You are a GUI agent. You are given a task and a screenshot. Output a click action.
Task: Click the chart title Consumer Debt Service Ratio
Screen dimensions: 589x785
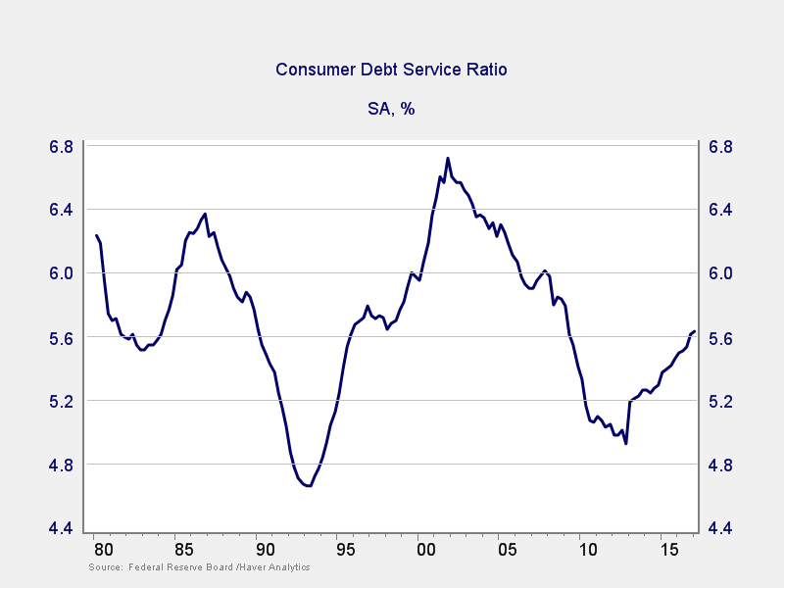tap(391, 70)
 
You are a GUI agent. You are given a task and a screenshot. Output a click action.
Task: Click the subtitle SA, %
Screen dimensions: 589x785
tap(391, 109)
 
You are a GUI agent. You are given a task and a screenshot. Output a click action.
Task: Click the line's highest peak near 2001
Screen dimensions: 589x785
tap(448, 158)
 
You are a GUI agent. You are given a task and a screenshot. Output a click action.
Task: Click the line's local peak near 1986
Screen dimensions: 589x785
tap(205, 214)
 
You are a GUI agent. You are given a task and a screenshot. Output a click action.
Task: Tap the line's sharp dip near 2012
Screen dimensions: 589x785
tap(625, 444)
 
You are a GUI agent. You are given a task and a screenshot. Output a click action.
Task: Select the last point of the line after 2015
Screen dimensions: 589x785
tap(695, 331)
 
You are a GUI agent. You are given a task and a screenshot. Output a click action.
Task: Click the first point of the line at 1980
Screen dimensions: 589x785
tap(96, 235)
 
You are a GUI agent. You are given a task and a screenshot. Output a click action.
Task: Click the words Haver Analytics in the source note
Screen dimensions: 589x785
tap(277, 567)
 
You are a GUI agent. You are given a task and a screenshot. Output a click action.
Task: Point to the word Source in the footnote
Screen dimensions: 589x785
tap(104, 567)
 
